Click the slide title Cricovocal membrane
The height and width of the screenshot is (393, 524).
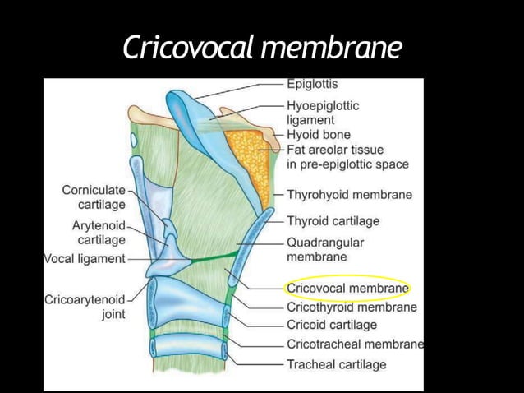[262, 48]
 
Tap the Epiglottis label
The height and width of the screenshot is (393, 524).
[311, 84]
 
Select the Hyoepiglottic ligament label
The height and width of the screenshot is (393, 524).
[322, 112]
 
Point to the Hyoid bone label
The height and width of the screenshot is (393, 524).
[319, 134]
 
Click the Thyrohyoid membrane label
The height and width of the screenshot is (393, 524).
[349, 196]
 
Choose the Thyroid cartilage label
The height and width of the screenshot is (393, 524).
[333, 221]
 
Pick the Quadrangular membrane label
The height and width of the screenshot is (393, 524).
[325, 250]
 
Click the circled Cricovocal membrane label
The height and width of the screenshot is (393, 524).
[347, 289]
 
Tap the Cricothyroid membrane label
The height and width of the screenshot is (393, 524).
[352, 307]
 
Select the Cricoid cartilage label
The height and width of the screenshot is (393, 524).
[332, 325]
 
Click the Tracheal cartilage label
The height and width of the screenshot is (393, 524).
[336, 363]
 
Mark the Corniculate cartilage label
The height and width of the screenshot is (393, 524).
[94, 196]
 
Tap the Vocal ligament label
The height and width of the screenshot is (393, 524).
[84, 259]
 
